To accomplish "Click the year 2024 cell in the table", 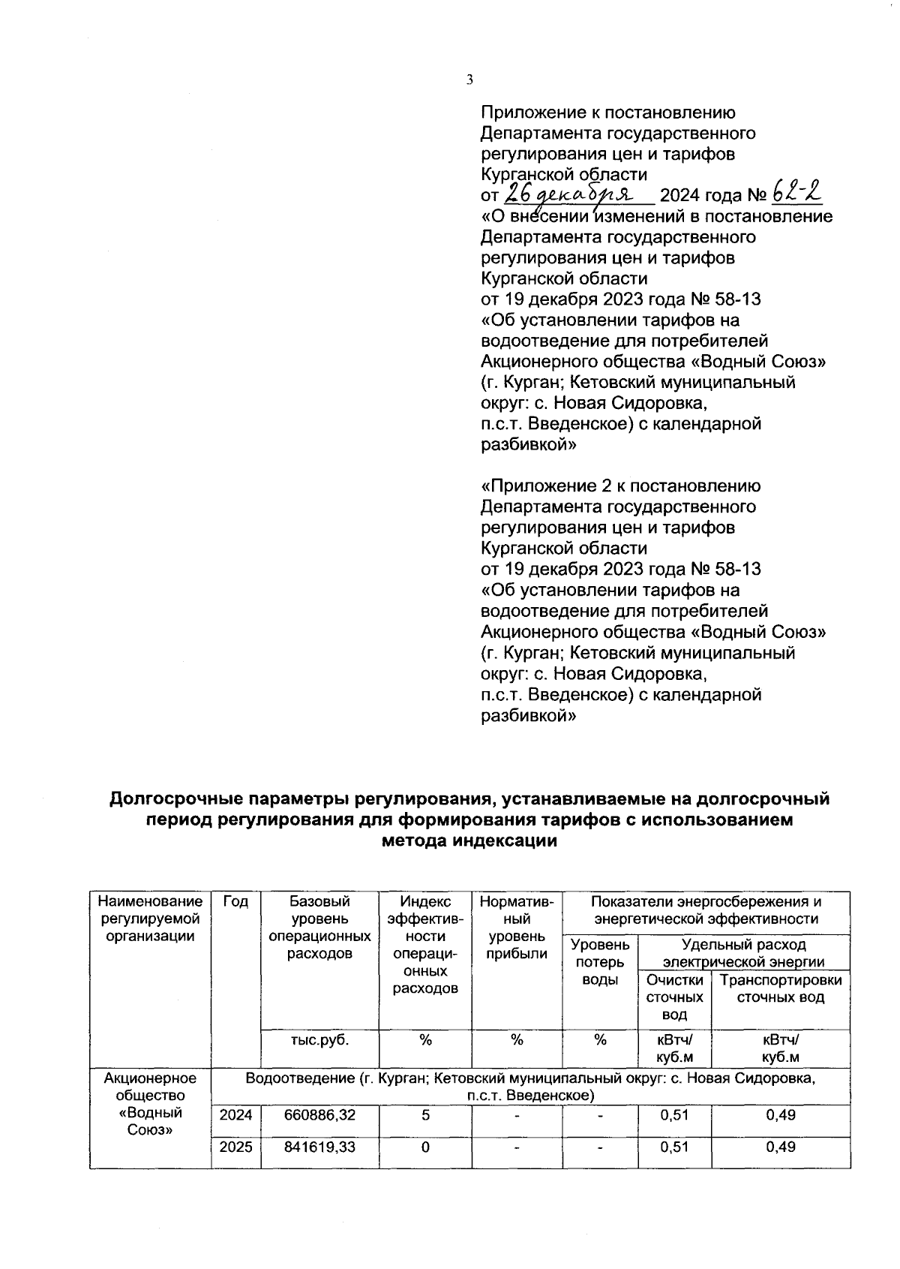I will point(235,1116).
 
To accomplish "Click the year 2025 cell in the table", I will point(235,1147).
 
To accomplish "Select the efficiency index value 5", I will point(425,1116).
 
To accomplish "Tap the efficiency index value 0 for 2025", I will point(425,1147).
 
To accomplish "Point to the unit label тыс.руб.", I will point(319,1040).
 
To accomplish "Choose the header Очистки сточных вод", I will point(674,997).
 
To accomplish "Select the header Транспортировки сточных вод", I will point(781,989).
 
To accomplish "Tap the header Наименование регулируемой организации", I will point(150,919).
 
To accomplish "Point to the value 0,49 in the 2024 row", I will point(781,1116).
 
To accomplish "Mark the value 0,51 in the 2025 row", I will point(674,1147).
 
